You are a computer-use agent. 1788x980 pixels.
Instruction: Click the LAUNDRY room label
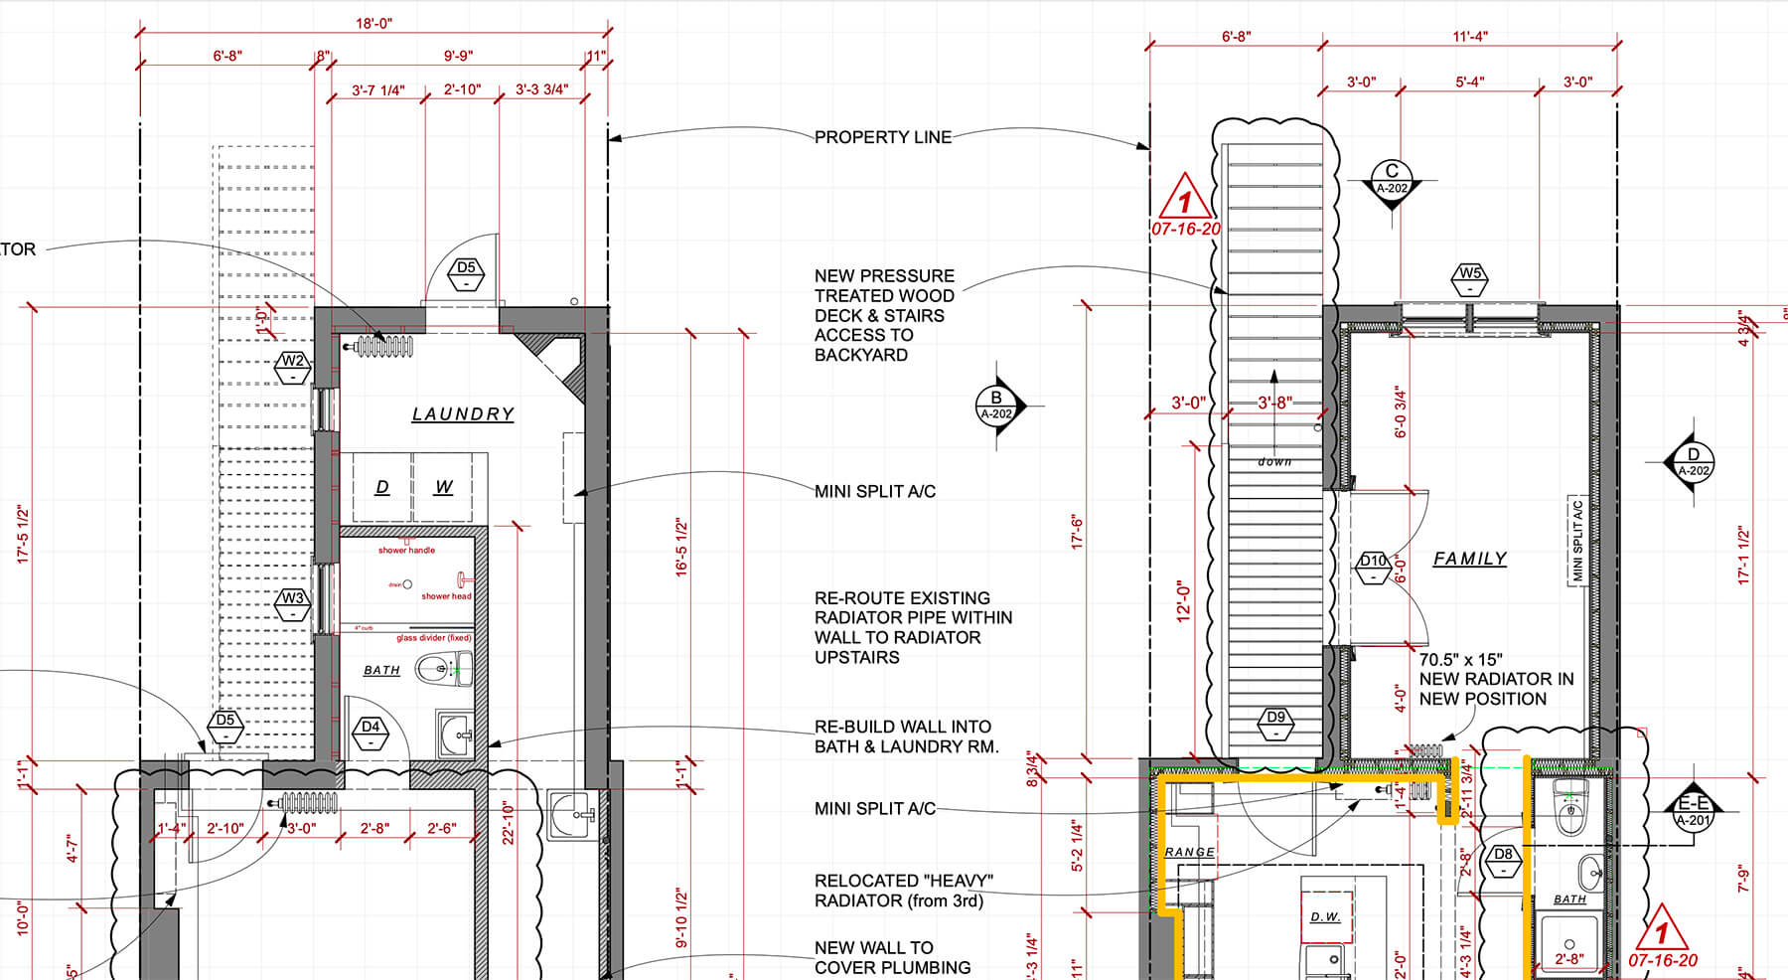pos(463,413)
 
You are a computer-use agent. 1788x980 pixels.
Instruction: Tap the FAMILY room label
pos(1469,559)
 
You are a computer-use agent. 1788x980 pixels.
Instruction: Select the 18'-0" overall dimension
pos(373,23)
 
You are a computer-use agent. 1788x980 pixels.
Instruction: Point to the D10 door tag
pos(1373,567)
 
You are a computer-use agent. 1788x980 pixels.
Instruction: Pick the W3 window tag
pos(292,604)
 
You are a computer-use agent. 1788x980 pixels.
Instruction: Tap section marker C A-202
pos(1392,180)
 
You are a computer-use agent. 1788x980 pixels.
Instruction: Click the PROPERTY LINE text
pos(882,137)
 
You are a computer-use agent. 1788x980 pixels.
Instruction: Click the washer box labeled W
pos(444,487)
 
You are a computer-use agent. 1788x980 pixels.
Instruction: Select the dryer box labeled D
pos(382,487)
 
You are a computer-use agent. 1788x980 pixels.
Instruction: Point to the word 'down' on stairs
pos(1274,462)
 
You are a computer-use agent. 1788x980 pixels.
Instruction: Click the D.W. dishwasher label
pos(1325,916)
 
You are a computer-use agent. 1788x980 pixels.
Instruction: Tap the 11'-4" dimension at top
pos(1470,37)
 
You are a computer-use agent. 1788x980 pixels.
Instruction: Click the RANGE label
pos(1189,852)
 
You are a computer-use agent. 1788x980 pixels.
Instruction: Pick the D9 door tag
pos(1275,723)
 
